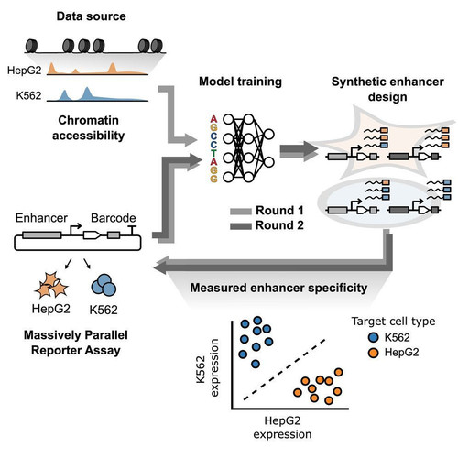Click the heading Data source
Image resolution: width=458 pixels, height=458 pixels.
(x=91, y=16)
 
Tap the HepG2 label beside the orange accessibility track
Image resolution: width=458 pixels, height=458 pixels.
(x=24, y=71)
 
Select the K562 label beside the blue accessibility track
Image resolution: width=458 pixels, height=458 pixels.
(x=28, y=96)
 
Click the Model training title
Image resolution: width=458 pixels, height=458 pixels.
(x=240, y=82)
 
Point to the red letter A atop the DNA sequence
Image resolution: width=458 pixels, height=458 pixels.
(x=213, y=119)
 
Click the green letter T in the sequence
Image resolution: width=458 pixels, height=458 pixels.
(x=213, y=153)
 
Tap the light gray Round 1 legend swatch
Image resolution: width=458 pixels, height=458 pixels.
(x=241, y=211)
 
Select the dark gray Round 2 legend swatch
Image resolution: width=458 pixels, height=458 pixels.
(x=241, y=226)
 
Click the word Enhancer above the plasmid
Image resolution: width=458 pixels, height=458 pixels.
(x=41, y=218)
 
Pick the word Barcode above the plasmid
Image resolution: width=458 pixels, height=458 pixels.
(x=114, y=218)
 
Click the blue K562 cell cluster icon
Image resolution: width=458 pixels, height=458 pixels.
(x=104, y=285)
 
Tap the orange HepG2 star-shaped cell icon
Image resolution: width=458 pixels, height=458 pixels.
(x=51, y=285)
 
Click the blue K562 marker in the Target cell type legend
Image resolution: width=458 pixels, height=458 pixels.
(x=373, y=337)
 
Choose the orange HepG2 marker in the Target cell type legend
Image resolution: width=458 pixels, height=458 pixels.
(x=373, y=353)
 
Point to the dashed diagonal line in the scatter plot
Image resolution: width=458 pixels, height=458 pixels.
(x=285, y=369)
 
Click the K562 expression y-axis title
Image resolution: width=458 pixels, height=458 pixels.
(x=209, y=368)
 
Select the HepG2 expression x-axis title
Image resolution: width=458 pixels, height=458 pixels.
(x=282, y=428)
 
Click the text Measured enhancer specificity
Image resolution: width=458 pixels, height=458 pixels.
(x=278, y=288)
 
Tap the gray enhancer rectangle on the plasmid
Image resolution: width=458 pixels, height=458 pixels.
(x=42, y=235)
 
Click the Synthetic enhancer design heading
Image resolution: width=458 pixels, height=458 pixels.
(x=387, y=89)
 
